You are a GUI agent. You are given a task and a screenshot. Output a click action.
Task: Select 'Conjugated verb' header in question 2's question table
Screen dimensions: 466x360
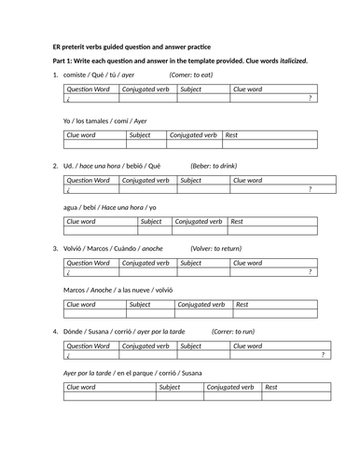145,180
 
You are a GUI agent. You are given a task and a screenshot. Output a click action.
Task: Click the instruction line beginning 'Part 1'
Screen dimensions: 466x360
180,61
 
